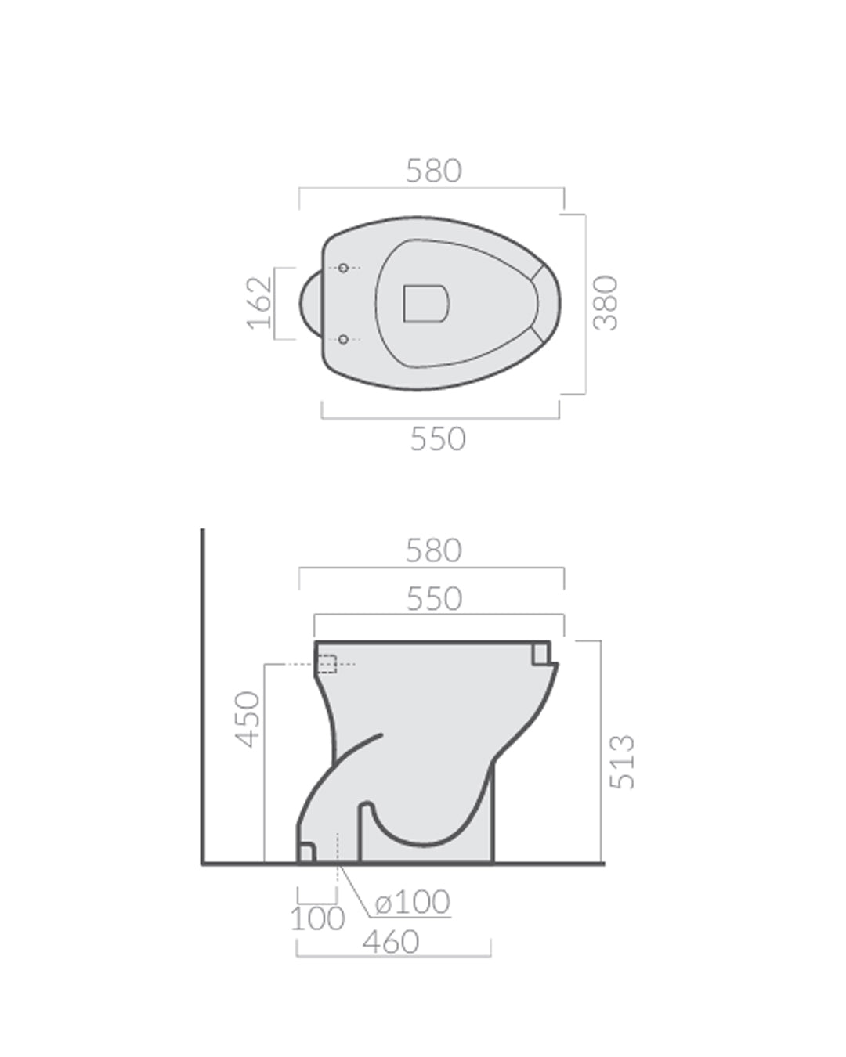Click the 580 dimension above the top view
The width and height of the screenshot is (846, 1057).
click(433, 171)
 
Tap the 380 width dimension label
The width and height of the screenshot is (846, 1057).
click(606, 303)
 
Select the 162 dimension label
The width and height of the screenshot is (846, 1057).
click(259, 303)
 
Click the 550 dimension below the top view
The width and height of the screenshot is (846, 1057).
click(438, 439)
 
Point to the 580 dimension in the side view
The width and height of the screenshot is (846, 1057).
click(433, 550)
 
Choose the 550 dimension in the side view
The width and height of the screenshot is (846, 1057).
click(434, 599)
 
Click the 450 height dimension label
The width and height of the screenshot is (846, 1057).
click(248, 719)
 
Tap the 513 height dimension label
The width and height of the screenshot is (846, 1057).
click(623, 761)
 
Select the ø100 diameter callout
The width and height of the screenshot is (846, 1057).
click(413, 902)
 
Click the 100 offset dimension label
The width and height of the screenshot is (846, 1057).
click(317, 918)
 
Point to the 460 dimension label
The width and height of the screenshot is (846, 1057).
click(391, 942)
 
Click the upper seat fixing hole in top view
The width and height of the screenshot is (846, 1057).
click(343, 268)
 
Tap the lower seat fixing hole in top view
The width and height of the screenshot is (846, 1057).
click(343, 339)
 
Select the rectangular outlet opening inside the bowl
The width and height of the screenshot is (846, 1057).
click(426, 303)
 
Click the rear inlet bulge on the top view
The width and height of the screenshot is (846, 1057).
click(310, 304)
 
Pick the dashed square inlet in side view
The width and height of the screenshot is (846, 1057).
click(327, 664)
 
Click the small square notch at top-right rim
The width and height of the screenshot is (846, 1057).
click(540, 653)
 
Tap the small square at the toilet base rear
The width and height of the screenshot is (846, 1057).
click(306, 852)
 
